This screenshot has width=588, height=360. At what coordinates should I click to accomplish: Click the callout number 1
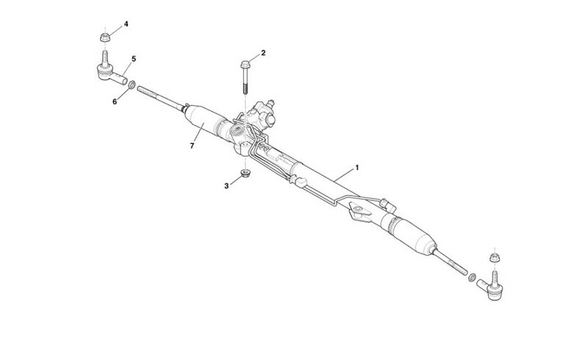click(x=356, y=168)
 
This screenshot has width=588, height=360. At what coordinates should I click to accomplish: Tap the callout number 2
click(x=263, y=53)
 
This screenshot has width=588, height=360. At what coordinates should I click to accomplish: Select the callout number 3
click(x=226, y=186)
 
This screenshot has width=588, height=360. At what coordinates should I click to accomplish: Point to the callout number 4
click(x=126, y=24)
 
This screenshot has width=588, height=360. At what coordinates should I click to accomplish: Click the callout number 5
click(x=134, y=59)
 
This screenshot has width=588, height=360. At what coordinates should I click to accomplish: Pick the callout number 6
click(x=115, y=101)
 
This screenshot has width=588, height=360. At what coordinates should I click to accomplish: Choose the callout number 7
click(x=192, y=146)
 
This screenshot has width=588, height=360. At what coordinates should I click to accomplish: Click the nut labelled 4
click(x=105, y=37)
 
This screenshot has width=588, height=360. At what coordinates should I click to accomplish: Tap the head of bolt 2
click(x=245, y=65)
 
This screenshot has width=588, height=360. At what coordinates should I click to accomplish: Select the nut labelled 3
click(x=245, y=173)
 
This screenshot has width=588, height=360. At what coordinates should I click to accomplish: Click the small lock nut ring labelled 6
click(x=132, y=84)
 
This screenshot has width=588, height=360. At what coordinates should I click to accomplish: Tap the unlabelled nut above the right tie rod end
click(x=495, y=258)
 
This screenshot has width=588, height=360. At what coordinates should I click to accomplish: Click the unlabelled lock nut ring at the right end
click(x=472, y=277)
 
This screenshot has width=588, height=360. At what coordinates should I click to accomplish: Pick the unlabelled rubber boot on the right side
click(x=413, y=236)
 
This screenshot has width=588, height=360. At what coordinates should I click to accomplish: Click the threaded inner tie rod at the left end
click(x=160, y=97)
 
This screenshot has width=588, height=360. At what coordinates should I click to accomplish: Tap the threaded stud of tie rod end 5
click(x=105, y=58)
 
